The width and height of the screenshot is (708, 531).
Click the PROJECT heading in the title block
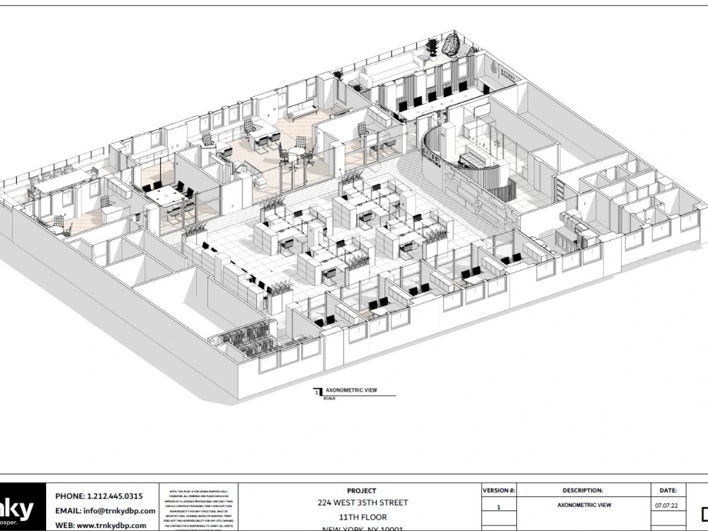(x=362, y=490)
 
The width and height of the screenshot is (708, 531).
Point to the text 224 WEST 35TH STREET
(x=362, y=503)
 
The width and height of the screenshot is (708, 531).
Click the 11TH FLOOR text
(x=362, y=517)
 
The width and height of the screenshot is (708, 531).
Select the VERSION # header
(x=498, y=490)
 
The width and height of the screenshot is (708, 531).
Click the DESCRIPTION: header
(x=583, y=490)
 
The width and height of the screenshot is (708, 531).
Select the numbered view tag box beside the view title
(x=316, y=391)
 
